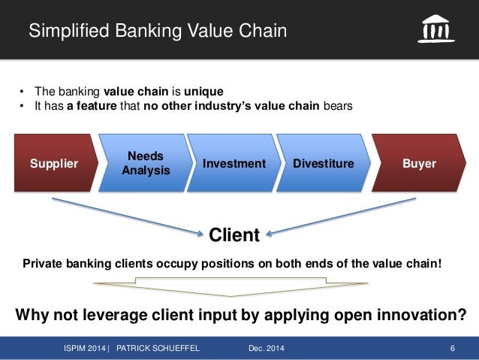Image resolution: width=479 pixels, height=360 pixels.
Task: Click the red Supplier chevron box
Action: pyautogui.click(x=54, y=163)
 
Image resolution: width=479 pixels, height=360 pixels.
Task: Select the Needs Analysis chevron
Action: pyautogui.click(x=146, y=163)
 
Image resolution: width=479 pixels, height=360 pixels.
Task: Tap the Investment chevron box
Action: pyautogui.click(x=234, y=163)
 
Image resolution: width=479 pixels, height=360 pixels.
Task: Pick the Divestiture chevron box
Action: pyautogui.click(x=323, y=163)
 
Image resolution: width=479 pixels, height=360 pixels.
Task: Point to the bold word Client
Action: pyautogui.click(x=234, y=235)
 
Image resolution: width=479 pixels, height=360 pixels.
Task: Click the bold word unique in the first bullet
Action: pyautogui.click(x=203, y=92)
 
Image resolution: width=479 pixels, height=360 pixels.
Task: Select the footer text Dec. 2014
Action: pyautogui.click(x=266, y=347)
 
